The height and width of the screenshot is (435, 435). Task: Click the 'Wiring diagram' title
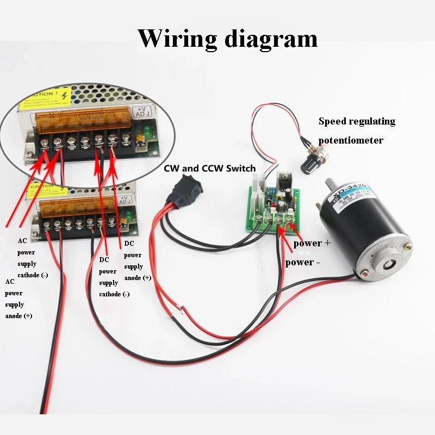(227, 39)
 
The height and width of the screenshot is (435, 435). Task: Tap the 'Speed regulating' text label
(357, 121)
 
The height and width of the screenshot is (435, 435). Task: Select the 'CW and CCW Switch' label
(203, 169)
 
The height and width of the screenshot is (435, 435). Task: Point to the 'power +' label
(312, 244)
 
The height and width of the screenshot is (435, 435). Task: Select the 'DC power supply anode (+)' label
(138, 260)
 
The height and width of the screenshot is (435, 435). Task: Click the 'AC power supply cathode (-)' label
(32, 258)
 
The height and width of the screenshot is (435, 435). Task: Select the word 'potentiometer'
(351, 140)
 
